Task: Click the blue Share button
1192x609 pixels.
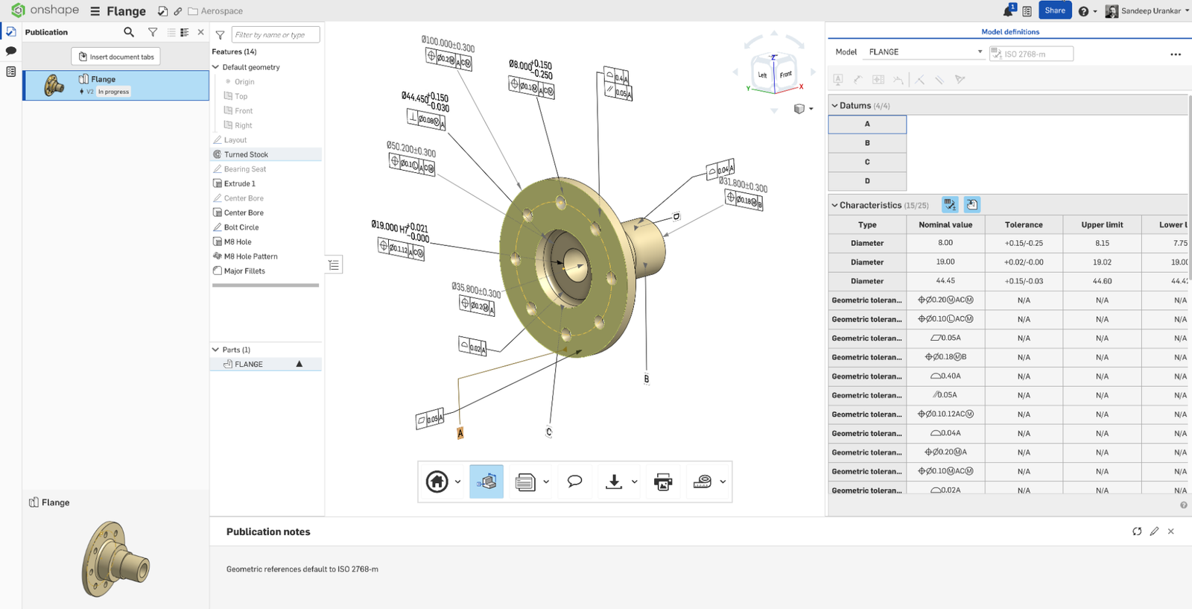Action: coord(1054,10)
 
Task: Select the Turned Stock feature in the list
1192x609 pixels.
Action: coord(246,154)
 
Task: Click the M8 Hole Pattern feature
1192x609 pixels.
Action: coord(250,256)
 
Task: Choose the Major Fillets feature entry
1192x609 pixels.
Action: coord(244,271)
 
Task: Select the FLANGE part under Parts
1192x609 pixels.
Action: coord(249,365)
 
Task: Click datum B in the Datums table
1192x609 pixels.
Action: coord(867,143)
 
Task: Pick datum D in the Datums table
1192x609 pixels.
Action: coord(867,181)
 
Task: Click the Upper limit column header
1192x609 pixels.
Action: coord(1102,224)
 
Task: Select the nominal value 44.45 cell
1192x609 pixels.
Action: coord(945,281)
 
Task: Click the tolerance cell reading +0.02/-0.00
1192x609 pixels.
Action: coord(1024,262)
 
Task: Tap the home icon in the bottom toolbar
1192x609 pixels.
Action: coord(437,482)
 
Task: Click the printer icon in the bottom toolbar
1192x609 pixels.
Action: coord(662,482)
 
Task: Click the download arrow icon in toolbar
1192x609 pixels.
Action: coord(614,482)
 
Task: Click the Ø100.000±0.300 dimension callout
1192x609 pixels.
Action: coord(448,44)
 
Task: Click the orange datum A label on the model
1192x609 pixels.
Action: coord(460,433)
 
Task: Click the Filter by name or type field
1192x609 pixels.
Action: coord(276,35)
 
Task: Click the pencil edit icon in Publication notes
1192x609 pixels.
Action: coord(1154,531)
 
